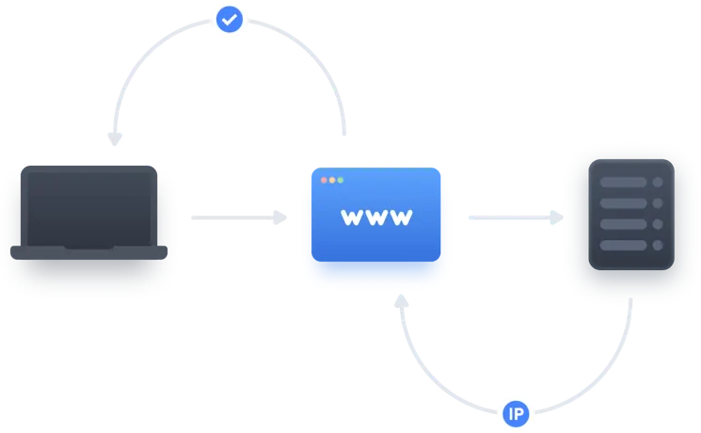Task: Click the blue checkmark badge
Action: (x=230, y=18)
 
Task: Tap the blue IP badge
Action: (x=515, y=413)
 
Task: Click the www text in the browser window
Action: (x=376, y=217)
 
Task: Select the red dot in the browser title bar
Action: (x=324, y=180)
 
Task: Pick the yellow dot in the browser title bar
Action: (x=332, y=180)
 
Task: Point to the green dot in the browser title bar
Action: (x=341, y=180)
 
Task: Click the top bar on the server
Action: (x=623, y=182)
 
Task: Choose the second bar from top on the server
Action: (x=623, y=203)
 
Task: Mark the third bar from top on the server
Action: (x=623, y=225)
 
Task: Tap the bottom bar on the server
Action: (x=623, y=246)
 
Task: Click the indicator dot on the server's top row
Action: (x=658, y=182)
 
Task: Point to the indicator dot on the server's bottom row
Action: (x=658, y=246)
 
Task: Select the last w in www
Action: (x=402, y=217)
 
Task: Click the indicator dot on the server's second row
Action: (x=658, y=203)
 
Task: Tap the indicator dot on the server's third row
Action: (x=658, y=225)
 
